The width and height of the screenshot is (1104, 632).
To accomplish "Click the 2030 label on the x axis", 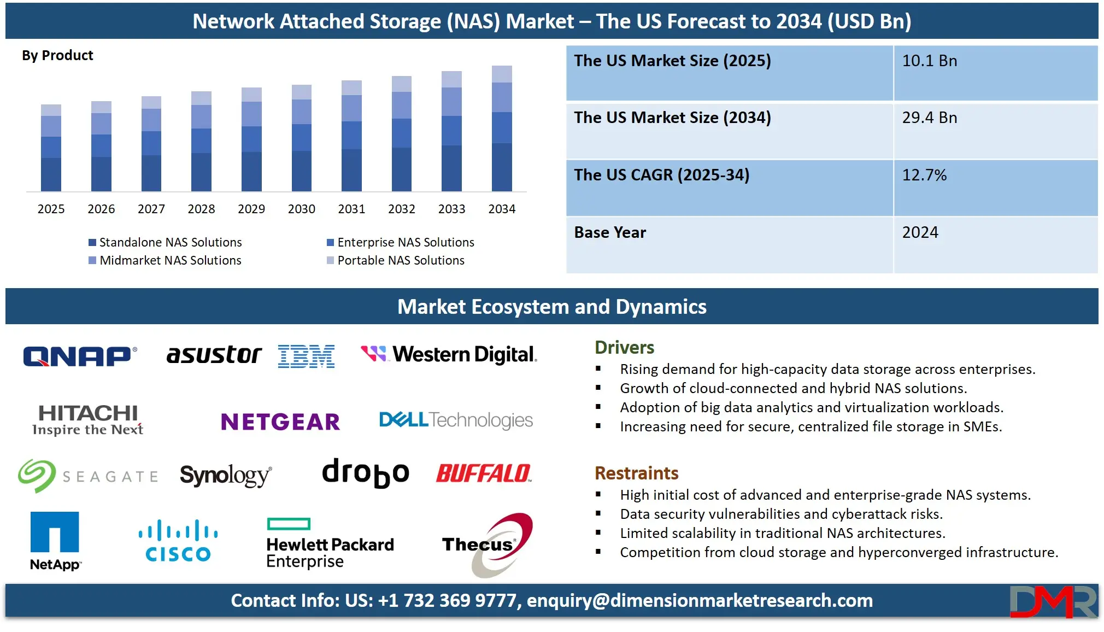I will (x=301, y=209).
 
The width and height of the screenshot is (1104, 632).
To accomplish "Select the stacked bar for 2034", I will (x=502, y=128).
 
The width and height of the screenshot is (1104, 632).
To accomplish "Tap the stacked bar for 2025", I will (x=51, y=148).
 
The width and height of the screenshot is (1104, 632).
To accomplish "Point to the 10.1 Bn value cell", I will (x=929, y=61).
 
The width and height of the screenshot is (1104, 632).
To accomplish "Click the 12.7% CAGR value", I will (x=924, y=175).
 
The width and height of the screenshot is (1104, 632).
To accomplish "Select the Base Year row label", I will (x=610, y=232).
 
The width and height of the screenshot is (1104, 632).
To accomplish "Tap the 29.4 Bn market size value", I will (x=929, y=118).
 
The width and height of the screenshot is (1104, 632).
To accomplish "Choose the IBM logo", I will (x=306, y=356).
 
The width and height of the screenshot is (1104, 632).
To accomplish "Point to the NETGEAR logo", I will (x=280, y=422).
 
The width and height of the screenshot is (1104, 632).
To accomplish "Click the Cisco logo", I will (x=178, y=541).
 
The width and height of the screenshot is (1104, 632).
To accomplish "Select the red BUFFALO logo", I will (x=484, y=473).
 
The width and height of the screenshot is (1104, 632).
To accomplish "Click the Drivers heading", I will (x=624, y=348).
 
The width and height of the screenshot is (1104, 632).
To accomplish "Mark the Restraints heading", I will (x=636, y=473).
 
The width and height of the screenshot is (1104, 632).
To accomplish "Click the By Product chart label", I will (x=57, y=55).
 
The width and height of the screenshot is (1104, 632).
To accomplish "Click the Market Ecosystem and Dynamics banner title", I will (x=551, y=307).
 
